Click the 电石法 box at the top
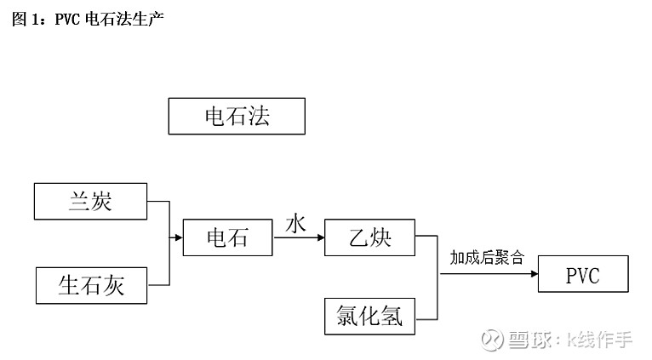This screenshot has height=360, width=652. coord(237,117)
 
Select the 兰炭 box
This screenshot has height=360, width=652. coord(90,201)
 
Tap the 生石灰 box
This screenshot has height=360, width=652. coord(91,286)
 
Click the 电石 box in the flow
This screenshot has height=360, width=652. coord(228,237)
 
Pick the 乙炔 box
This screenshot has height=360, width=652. coord(369,237)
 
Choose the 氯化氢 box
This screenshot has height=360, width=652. coord(369,317)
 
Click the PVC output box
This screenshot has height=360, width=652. coord(583,274)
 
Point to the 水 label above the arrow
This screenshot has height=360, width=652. coord(295,224)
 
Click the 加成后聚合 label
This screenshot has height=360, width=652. coord(487,258)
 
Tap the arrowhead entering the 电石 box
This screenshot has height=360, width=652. coord(180,237)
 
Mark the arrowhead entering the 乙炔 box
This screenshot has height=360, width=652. coord(321,237)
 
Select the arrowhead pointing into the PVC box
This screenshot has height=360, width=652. coord(535,274)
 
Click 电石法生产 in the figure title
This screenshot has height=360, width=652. coord(124,19)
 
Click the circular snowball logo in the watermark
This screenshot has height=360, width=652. coord(492,340)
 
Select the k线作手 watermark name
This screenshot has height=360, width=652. coord(599,340)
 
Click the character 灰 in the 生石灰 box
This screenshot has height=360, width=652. coord(113,286)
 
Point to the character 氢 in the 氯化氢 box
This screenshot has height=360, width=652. coord(392,317)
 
